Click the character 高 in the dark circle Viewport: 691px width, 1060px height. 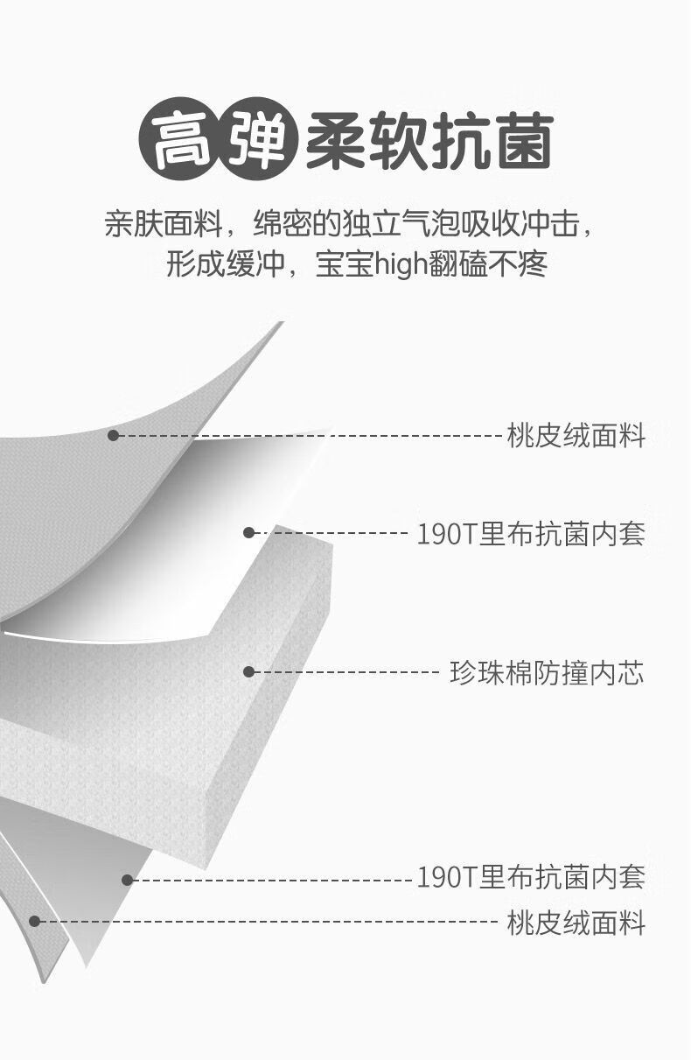[181, 140]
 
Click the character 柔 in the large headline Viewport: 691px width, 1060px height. [336, 141]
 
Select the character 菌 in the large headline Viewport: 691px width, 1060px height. [525, 141]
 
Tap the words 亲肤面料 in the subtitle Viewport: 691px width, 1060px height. [164, 223]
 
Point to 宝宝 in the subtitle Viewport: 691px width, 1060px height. [345, 264]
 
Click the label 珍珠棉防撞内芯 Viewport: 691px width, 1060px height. [547, 672]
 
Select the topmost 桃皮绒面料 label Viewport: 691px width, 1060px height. [576, 435]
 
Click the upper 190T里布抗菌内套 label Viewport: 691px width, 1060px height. [531, 534]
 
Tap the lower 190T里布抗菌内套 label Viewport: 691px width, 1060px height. [531, 877]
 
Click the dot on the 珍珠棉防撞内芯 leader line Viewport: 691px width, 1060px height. [248, 672]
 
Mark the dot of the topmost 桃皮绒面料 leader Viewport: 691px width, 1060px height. [113, 435]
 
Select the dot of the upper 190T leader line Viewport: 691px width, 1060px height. [248, 533]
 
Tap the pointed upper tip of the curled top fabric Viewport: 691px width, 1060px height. [283, 322]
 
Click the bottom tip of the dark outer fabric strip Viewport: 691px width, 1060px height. [44, 982]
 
